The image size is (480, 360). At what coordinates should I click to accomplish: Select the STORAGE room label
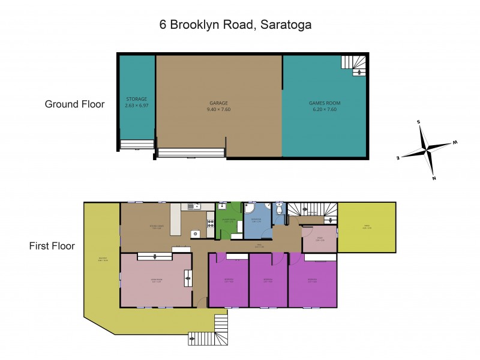tap(136, 99)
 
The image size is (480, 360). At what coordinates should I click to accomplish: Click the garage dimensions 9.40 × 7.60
tap(218, 110)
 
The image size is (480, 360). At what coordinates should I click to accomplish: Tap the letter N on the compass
tap(434, 178)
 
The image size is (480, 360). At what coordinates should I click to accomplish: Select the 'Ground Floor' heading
tap(74, 104)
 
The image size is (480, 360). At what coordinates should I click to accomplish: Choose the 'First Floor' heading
tap(51, 246)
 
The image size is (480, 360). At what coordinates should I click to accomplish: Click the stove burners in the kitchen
tap(210, 224)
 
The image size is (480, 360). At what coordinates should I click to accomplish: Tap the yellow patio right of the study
tap(367, 227)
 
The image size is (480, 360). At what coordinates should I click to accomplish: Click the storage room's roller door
tap(137, 145)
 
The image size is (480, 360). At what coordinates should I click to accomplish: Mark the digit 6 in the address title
tap(163, 25)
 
